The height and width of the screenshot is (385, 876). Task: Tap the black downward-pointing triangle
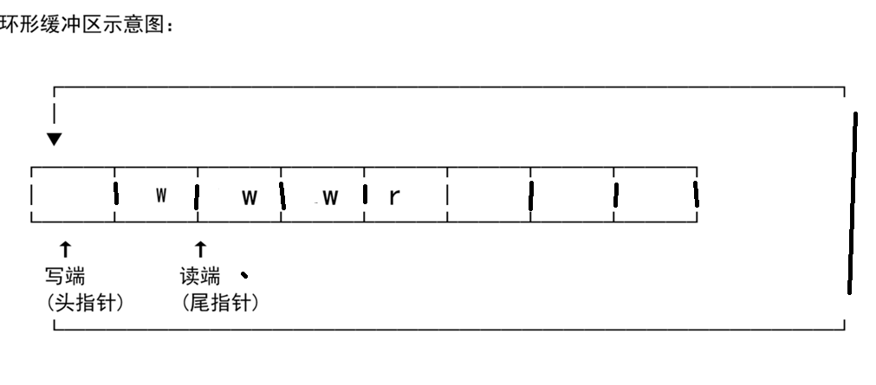[55, 138]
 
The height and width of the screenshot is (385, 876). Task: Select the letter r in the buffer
[394, 197]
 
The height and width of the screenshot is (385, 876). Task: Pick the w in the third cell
[250, 197]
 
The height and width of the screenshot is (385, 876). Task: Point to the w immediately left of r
[330, 197]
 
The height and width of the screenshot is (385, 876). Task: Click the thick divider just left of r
[365, 196]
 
